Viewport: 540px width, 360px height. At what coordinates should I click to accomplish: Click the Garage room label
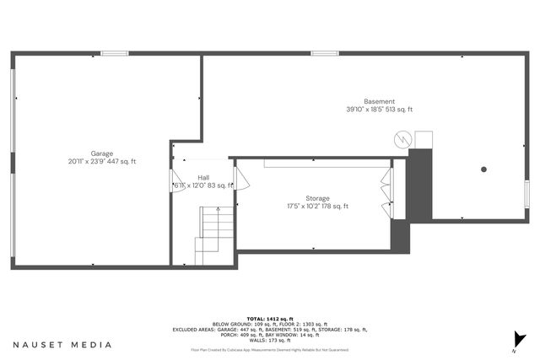coord(102,153)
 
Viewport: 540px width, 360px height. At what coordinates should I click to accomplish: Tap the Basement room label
coord(379,102)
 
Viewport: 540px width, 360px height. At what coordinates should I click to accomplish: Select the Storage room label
coord(317,198)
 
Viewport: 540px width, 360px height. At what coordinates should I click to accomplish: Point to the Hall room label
coord(203,177)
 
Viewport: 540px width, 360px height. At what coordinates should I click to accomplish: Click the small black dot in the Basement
coord(483,169)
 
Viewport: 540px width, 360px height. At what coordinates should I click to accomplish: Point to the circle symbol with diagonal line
coord(404,138)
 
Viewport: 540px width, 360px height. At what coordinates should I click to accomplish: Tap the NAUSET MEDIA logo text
coord(62,345)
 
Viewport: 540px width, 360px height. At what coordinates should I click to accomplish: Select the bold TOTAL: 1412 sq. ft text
coord(269,319)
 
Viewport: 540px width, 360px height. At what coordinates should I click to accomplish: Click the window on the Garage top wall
coord(113,54)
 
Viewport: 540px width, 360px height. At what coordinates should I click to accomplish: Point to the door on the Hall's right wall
coord(239,178)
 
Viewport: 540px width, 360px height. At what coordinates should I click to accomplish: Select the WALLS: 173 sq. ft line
coord(269,340)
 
